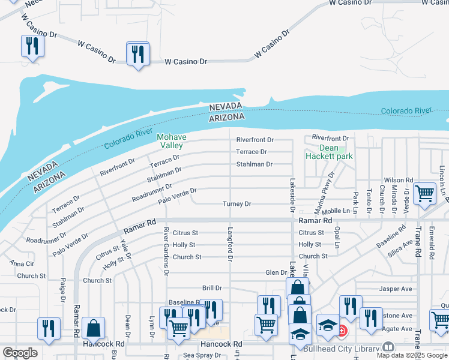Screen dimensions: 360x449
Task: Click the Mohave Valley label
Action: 171,141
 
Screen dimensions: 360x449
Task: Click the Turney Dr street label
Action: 237,204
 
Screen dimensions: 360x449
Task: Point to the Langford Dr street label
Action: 229,244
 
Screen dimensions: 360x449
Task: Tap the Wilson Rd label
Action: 399,180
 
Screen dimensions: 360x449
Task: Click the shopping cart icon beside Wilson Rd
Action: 425,193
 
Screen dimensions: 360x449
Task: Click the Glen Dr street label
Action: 276,272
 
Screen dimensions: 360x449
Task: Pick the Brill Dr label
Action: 212,288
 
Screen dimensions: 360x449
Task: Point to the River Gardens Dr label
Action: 166,252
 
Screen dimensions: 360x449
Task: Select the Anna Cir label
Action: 22,263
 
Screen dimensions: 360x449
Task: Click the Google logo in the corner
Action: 20,353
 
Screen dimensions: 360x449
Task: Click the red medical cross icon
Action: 342,330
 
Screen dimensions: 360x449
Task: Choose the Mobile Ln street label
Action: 336,211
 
